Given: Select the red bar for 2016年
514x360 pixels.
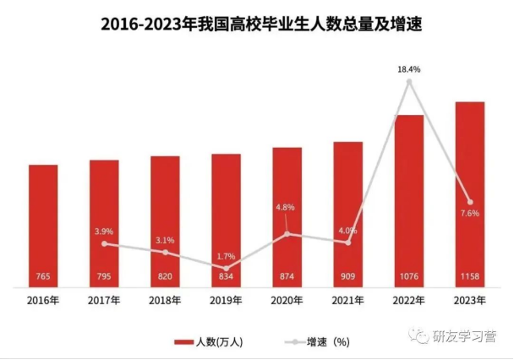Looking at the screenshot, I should pos(43,224).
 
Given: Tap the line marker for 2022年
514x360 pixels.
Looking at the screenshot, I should pos(409,82).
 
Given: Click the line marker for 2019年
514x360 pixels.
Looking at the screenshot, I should pos(226,267).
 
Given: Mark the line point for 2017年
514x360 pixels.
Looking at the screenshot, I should pos(104,244).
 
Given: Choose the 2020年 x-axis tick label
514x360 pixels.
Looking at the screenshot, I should pos(287,300).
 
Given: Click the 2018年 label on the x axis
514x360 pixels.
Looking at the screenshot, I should pos(165,300).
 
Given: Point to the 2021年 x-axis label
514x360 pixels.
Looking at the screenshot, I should pos(347,300).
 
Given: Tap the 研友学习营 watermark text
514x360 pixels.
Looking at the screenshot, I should pos(456,335).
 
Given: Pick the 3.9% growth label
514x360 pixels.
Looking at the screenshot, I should pos(104,231).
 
